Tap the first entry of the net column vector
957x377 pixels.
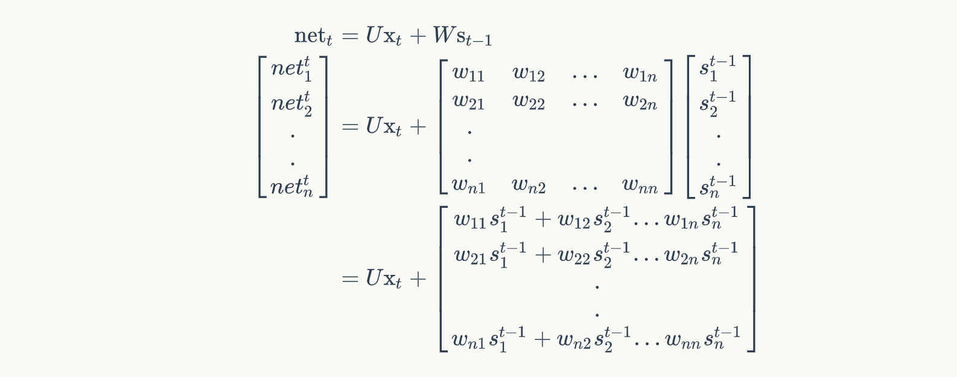pyautogui.click(x=292, y=68)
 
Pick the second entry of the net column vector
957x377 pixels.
pyautogui.click(x=292, y=102)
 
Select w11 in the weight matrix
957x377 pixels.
pyautogui.click(x=468, y=74)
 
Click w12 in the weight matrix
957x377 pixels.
pyautogui.click(x=529, y=74)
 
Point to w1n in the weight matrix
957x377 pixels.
pyautogui.click(x=640, y=74)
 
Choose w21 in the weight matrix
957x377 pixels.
pyautogui.click(x=468, y=102)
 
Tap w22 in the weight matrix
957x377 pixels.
pyautogui.click(x=529, y=102)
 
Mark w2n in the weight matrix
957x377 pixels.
pyautogui.click(x=640, y=102)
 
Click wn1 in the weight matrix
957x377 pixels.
pyautogui.click(x=468, y=185)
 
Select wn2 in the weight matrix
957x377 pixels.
pyautogui.click(x=529, y=185)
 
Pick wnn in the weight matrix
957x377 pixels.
pyautogui.click(x=640, y=185)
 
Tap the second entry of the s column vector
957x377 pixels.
pyautogui.click(x=717, y=102)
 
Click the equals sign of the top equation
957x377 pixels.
pyautogui.click(x=350, y=36)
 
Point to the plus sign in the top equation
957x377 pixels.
pyautogui.click(x=418, y=36)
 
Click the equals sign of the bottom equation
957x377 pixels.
pyautogui.click(x=350, y=279)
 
